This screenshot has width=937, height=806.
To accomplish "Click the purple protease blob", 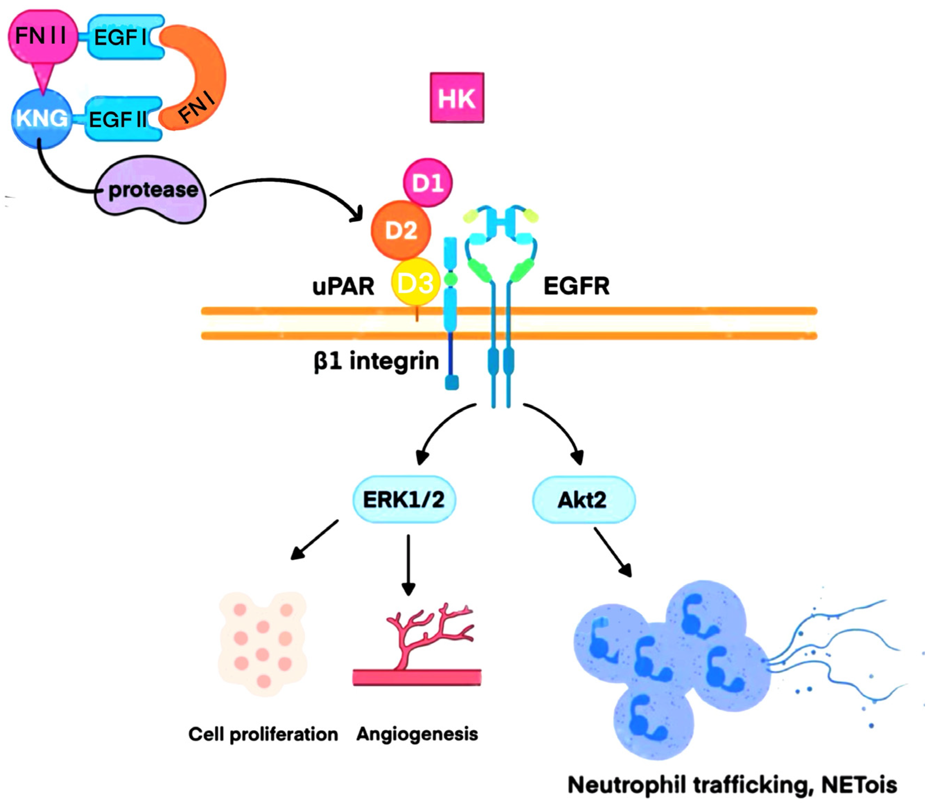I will coord(152,190).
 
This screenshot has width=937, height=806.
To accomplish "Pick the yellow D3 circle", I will coord(415,282).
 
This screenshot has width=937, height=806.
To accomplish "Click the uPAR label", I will coord(343,286).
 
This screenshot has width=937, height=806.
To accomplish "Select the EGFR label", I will coord(577,286).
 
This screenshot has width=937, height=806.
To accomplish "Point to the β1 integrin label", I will coord(376,361).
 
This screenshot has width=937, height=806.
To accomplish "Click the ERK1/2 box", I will coord(404,499).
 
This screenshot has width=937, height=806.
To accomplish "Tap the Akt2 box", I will coord(583,500).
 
